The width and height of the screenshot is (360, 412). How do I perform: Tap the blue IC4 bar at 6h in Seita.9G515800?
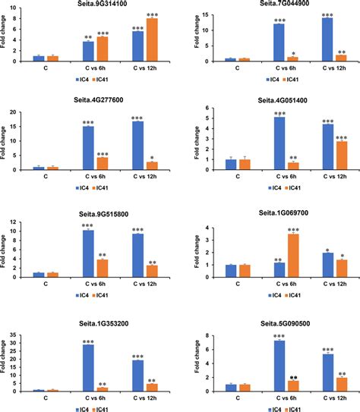coord(88,254)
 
